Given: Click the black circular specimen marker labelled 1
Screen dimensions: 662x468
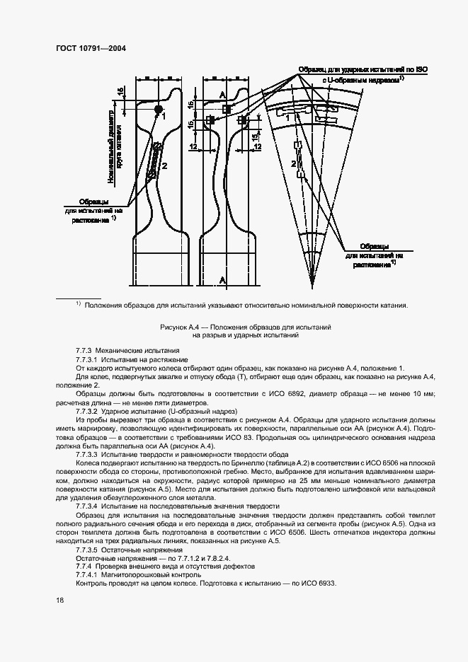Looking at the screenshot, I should click(158, 108).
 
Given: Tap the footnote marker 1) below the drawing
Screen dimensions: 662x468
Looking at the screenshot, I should click(79, 305).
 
